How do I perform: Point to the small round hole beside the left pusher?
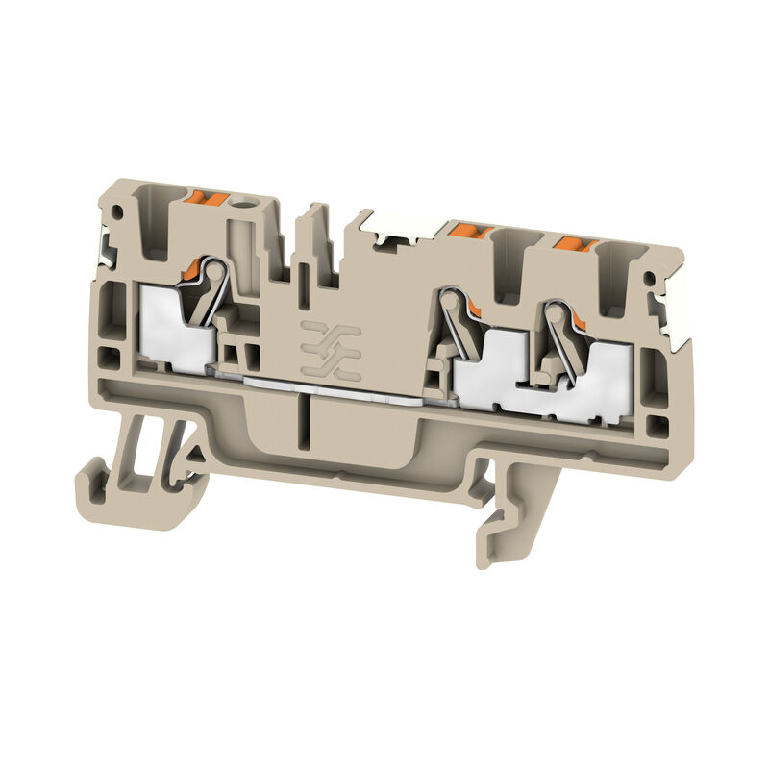click(x=255, y=205)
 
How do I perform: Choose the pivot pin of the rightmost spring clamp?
click(x=554, y=313)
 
